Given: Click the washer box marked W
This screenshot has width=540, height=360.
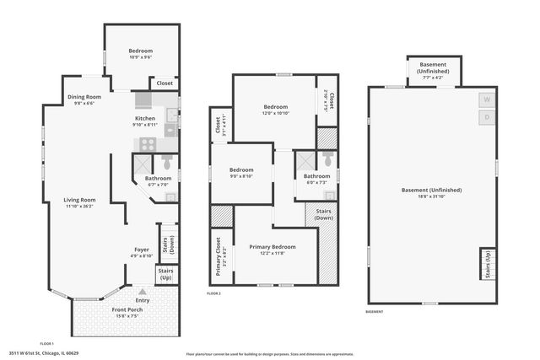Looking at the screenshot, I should (487, 99).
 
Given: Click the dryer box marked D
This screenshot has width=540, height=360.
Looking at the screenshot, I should (487, 117).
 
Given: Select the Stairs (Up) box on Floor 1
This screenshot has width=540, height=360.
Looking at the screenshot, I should (166, 274).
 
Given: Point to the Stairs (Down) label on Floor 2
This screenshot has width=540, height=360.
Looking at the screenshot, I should (322, 214).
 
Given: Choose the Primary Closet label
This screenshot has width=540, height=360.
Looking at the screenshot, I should (219, 255).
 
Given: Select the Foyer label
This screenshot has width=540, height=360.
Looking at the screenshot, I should (142, 250).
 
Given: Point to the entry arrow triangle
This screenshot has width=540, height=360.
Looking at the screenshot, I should (130, 292).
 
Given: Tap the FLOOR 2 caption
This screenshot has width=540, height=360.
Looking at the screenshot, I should (214, 293).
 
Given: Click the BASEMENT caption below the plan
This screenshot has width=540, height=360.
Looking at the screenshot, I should (375, 311).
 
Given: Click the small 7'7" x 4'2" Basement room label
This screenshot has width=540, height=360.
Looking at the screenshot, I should (433, 71).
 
